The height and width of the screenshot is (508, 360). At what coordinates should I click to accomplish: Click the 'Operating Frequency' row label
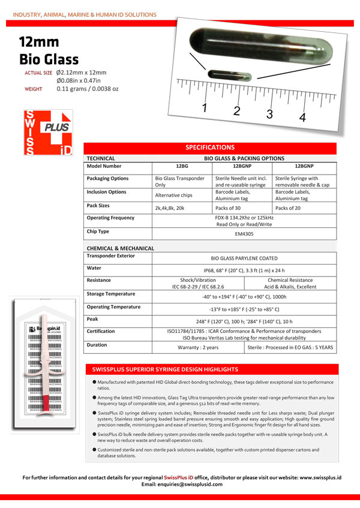pos(111,218)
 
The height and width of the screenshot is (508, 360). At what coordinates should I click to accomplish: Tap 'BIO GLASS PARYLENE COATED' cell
pos(244,257)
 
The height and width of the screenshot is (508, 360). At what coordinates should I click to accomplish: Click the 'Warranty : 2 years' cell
pos(199,347)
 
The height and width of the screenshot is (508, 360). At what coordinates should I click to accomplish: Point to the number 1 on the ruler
pos(205,108)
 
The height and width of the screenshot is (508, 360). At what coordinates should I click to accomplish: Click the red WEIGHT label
pos(32,89)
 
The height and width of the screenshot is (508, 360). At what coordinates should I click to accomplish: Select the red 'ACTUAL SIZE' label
pos(37,73)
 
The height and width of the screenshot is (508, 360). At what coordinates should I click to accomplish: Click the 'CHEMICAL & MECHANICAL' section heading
pos(121,248)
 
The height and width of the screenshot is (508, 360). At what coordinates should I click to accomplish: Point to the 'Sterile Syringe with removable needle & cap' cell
pos(301,182)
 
